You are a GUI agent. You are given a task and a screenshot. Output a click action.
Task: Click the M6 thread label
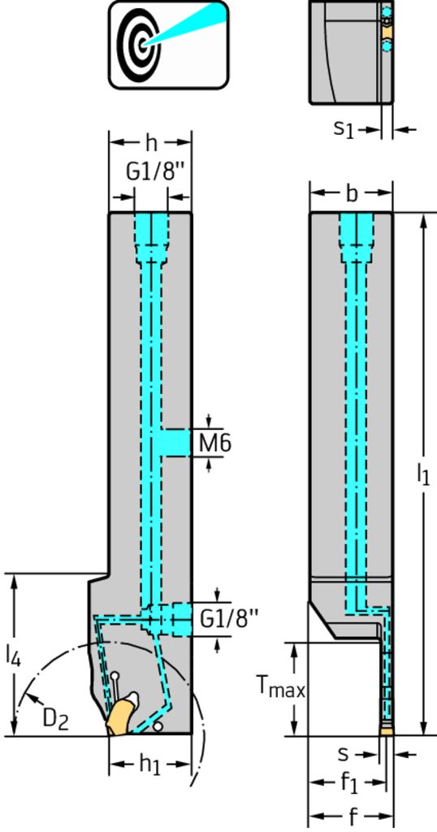215,443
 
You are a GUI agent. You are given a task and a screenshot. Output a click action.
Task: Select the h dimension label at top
151,143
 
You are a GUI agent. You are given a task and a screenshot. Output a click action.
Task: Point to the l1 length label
422,474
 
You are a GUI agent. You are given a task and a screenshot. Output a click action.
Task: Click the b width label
351,193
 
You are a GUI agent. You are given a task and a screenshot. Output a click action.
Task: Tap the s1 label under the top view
343,129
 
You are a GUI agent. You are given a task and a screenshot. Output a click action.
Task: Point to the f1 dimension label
349,783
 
